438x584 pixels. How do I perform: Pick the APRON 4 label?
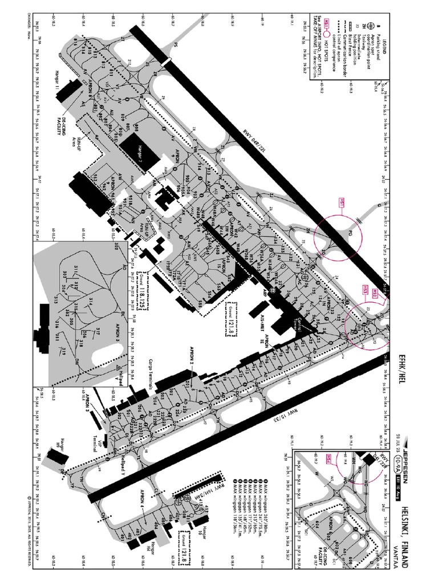(142, 500)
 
